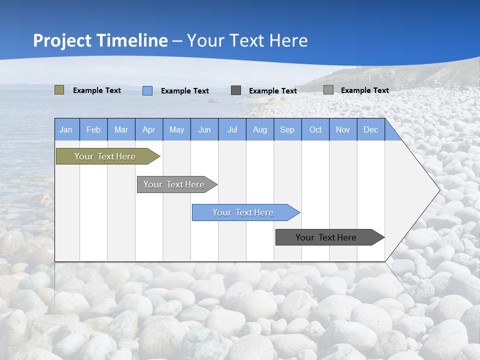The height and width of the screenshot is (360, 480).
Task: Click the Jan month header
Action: click(66, 130)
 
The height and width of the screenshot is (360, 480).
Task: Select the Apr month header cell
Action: click(149, 130)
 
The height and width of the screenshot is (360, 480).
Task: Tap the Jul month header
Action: click(232, 130)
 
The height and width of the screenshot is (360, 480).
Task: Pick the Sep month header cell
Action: click(287, 130)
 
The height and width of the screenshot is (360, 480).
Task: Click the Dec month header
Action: click(370, 130)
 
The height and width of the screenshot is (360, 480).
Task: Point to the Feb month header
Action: click(93, 130)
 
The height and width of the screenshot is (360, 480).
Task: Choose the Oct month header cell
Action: click(315, 130)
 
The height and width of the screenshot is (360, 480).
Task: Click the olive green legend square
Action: click(59, 90)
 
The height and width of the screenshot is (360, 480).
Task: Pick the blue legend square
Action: click(147, 90)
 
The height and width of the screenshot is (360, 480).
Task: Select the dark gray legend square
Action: click(236, 90)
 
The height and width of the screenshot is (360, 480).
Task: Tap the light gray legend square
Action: click(328, 90)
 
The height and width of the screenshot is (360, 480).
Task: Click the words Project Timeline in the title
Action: click(100, 40)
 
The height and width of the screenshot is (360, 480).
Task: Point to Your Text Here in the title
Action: click(247, 40)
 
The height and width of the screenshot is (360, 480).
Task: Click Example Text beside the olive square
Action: click(97, 90)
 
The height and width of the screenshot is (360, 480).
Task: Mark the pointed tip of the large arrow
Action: click(438, 189)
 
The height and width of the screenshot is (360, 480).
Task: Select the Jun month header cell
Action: click(204, 130)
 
